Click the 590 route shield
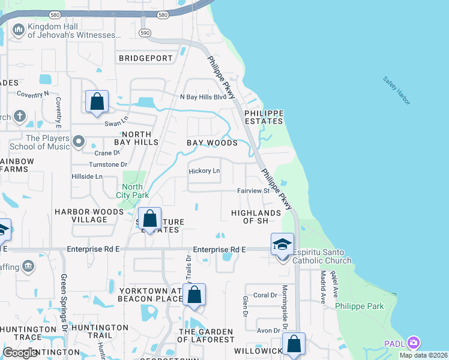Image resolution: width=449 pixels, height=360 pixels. (144, 32)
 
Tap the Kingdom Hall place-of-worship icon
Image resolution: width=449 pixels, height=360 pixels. (18, 29)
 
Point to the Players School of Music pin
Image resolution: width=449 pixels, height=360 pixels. (79, 142)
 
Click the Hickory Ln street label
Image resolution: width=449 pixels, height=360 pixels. (205, 171)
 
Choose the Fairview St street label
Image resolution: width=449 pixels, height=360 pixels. (252, 191)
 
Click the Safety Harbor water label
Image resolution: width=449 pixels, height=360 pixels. (397, 91)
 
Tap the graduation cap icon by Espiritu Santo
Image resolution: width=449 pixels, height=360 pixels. (282, 244)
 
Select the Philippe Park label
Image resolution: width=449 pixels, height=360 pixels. (360, 306)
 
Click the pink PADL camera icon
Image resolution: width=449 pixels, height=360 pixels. (413, 343)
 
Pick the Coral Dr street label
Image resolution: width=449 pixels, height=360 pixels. (265, 295)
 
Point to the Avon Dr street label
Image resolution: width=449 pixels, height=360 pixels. (268, 330)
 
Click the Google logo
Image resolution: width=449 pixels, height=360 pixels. (20, 353)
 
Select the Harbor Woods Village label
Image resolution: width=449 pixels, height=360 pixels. (89, 215)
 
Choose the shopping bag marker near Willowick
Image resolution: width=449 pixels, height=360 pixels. (294, 344)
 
